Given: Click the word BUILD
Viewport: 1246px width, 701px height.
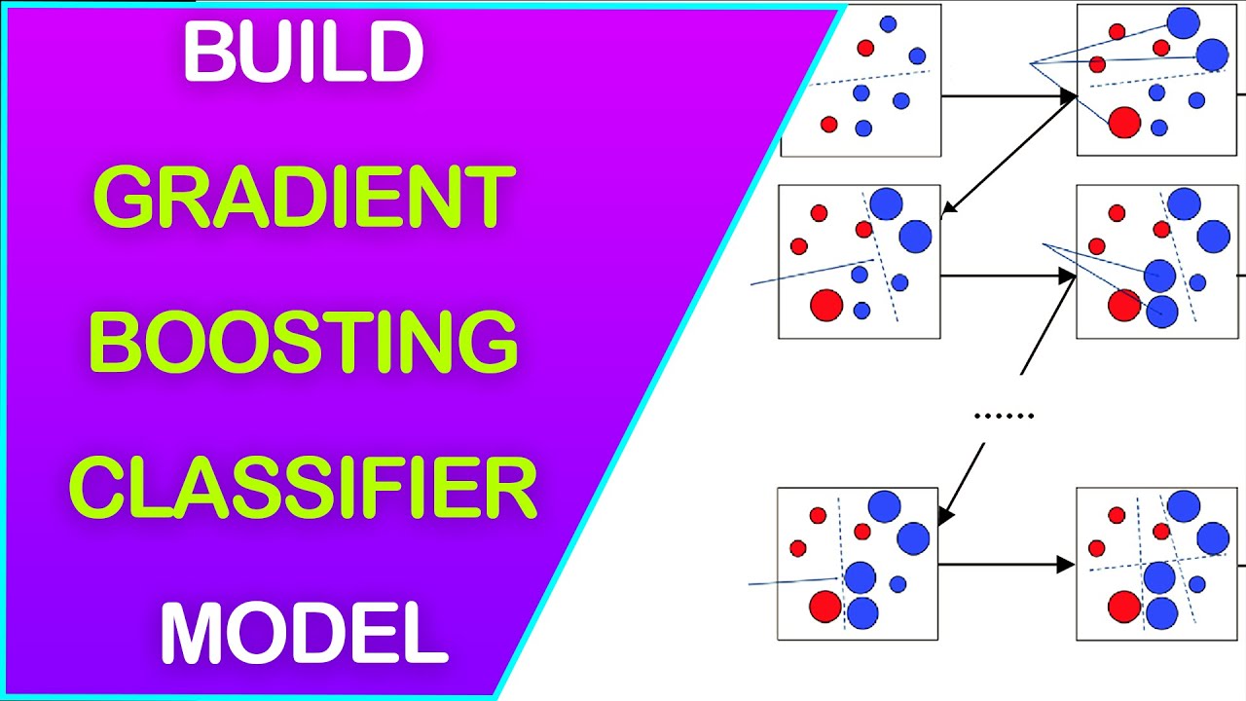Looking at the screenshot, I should coord(303,53).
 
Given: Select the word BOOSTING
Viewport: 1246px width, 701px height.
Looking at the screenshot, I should coord(304,343).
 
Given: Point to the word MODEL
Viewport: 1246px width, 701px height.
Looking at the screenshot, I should coord(304,634).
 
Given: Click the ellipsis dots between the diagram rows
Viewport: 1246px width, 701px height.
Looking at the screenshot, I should coord(1004,417).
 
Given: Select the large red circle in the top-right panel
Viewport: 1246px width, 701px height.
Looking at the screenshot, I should coord(1124,123).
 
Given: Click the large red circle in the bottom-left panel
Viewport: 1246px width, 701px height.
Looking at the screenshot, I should coord(825,607).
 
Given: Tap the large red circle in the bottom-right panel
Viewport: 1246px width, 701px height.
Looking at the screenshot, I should coord(1123,607).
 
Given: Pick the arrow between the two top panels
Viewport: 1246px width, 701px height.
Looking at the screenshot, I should coord(1008,96).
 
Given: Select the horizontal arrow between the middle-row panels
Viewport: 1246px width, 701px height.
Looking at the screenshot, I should coord(1007,277).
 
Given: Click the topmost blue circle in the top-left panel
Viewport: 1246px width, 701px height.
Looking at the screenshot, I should coord(888,23).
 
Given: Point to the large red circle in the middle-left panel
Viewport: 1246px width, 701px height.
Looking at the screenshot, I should coord(825,305).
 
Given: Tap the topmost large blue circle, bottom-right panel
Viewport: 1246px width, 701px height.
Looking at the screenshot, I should coord(1184,506).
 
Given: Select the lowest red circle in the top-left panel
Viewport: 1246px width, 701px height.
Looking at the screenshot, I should coord(828,124).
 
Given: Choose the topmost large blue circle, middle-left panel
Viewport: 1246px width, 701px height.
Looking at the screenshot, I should coord(886,203).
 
